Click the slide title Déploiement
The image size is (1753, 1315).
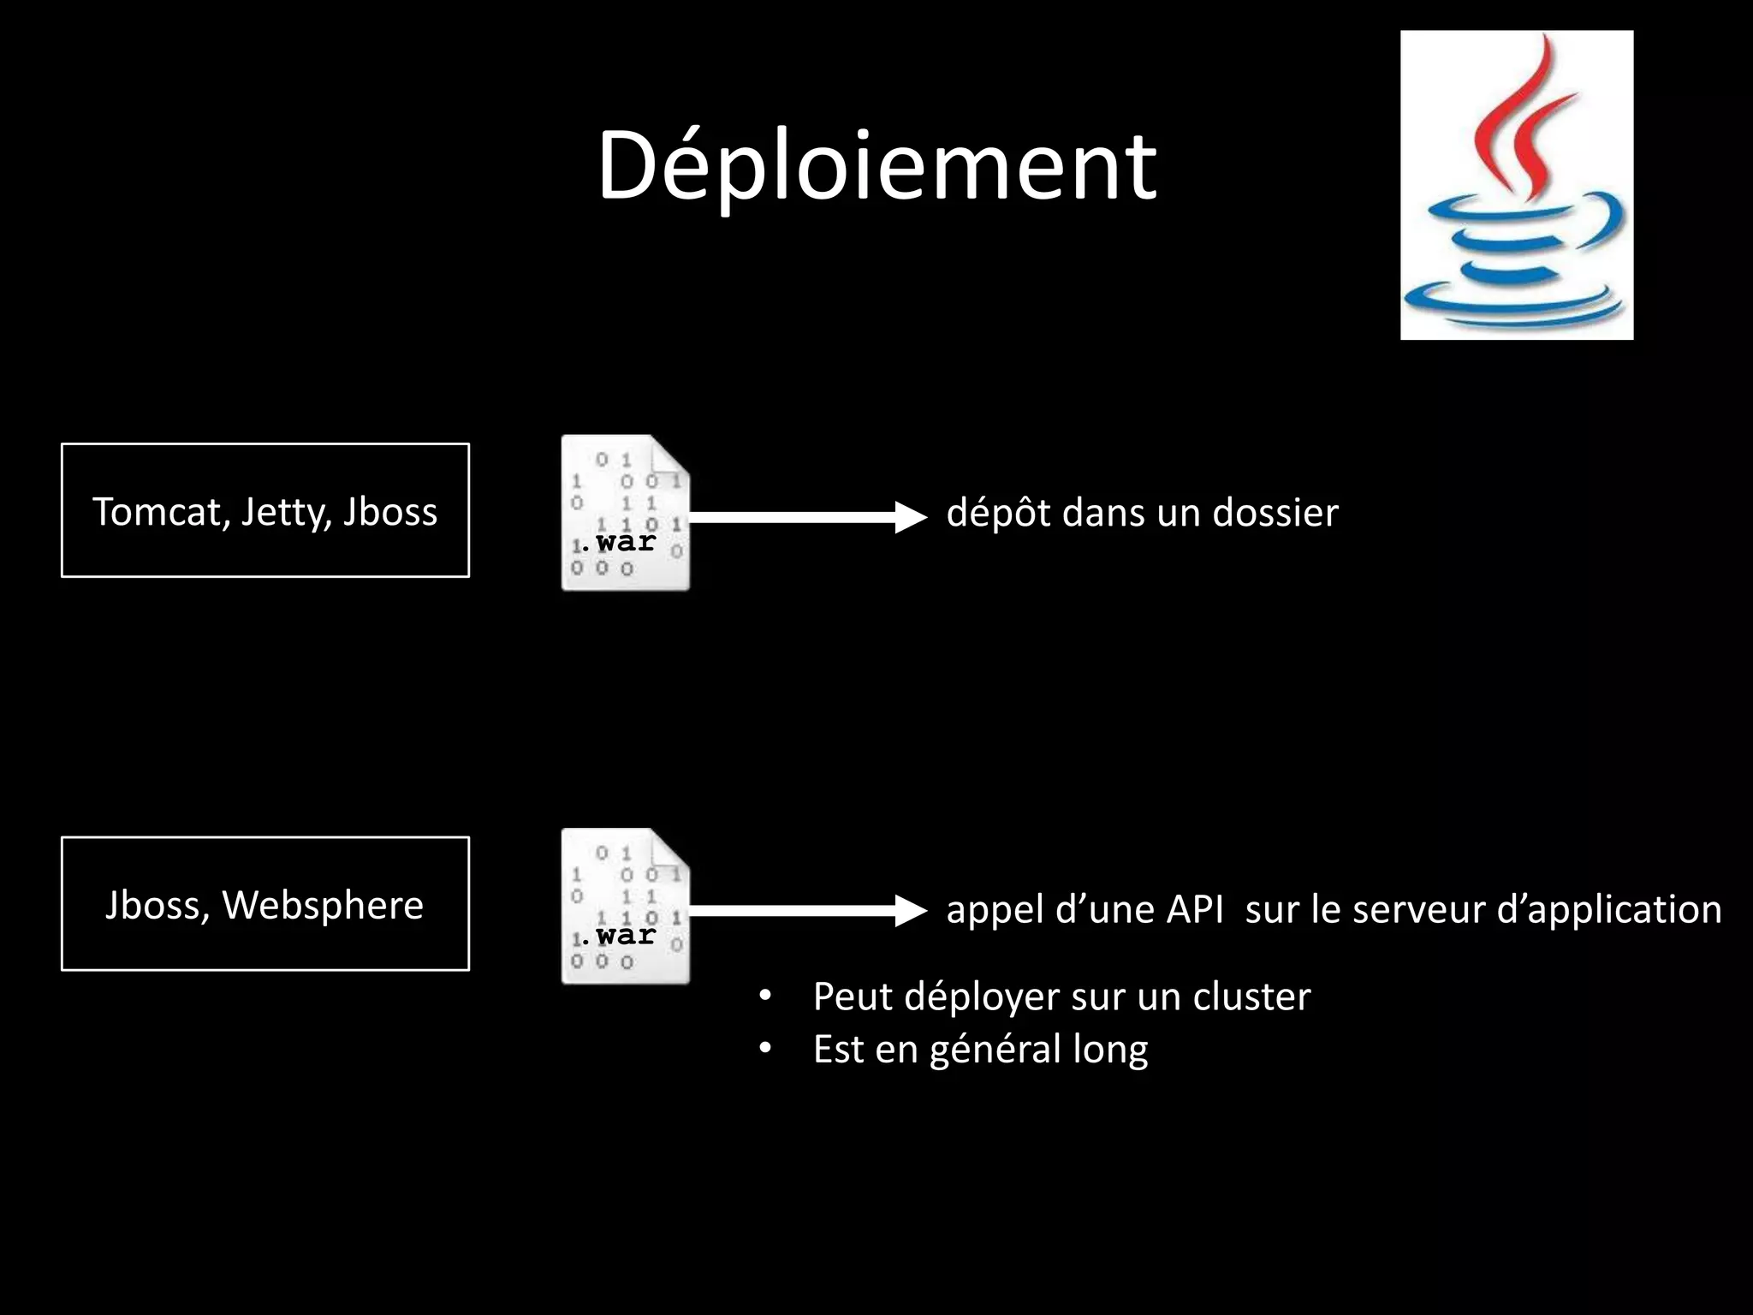[x=876, y=167]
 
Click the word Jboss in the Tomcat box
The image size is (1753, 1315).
[x=390, y=512]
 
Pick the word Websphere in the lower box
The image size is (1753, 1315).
[x=323, y=905]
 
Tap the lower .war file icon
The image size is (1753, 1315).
[x=625, y=907]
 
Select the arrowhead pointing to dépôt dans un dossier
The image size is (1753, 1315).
[x=910, y=516]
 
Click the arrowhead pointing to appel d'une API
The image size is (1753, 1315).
[x=910, y=910]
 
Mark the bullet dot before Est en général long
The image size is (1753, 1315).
[x=765, y=1049]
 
